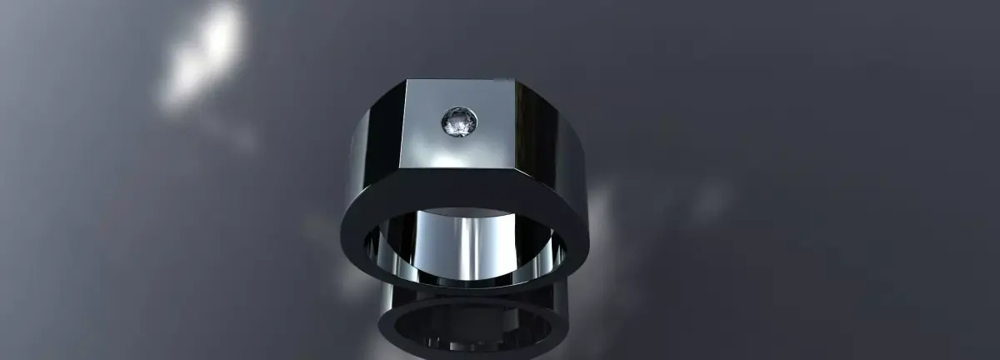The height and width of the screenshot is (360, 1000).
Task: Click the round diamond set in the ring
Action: [459, 122]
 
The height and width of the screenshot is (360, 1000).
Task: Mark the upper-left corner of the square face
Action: [407, 81]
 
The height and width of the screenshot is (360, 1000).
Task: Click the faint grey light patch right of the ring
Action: [708, 200]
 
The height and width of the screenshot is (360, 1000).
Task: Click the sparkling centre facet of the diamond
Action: [459, 123]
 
